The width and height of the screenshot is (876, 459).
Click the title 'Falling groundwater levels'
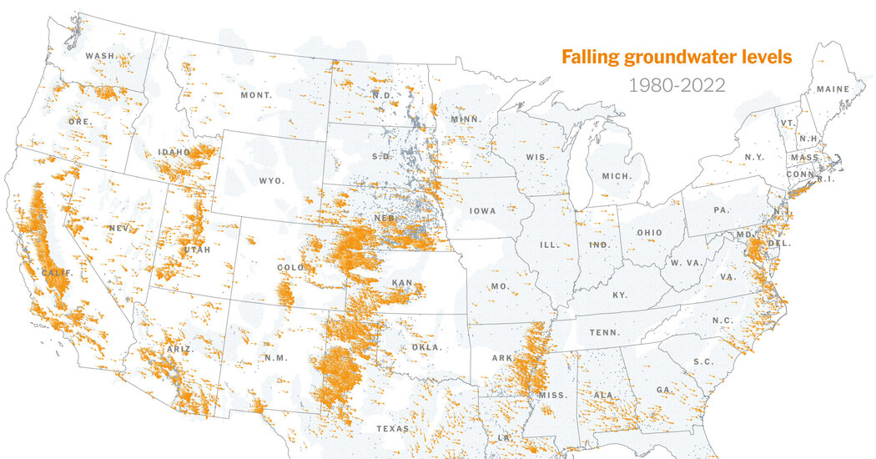pos(676,58)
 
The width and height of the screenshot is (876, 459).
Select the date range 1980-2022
pos(676,84)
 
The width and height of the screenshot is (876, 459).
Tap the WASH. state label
pos(100,56)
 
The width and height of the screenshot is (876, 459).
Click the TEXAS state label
pos(392,428)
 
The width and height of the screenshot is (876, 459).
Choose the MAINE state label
pos(833,88)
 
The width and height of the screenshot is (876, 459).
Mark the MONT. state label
pos(256,95)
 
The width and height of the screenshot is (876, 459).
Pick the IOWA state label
pos(482,210)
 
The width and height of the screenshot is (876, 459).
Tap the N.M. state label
pos(275,358)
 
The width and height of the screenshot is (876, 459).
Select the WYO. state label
pos(271,180)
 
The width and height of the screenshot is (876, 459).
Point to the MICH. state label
pos(617,176)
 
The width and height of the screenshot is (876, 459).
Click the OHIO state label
pos(649,233)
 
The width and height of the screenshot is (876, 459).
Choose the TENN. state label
pos(603,332)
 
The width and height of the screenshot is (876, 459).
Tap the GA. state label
pos(665,390)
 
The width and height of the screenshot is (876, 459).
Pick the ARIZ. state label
pos(178,349)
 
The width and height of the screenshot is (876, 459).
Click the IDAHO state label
pos(174,152)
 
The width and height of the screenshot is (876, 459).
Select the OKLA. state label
pos(426,347)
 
